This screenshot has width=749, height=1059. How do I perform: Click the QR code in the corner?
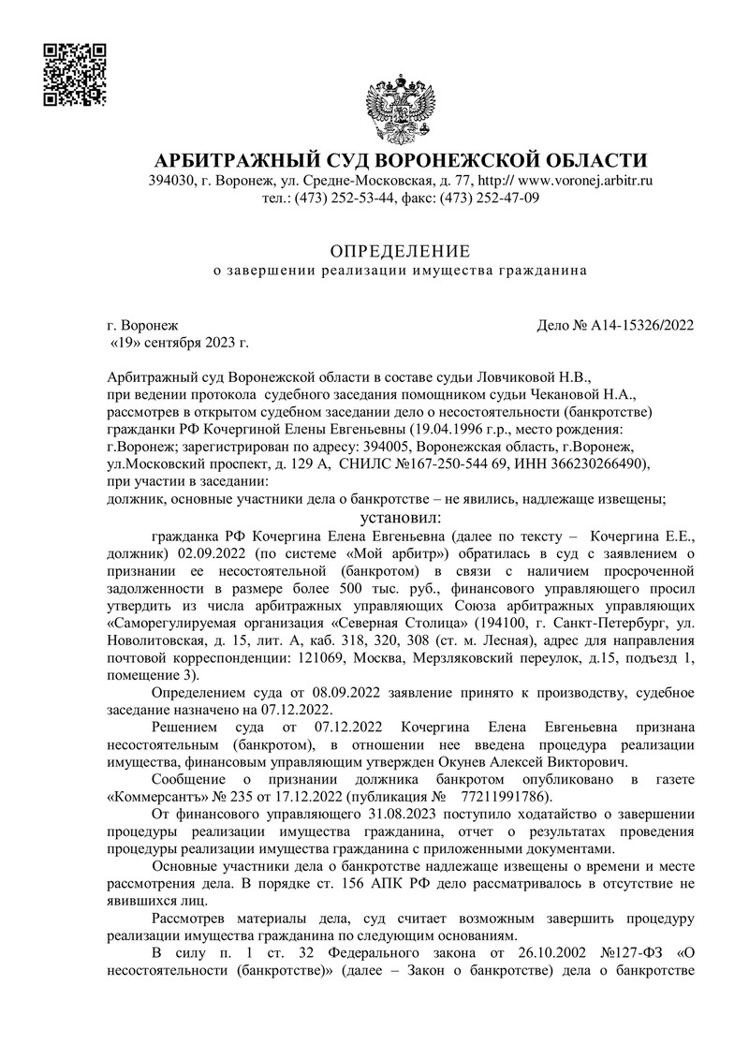pyautogui.click(x=75, y=74)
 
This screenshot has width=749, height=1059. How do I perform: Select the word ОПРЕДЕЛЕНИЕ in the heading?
pyautogui.click(x=400, y=250)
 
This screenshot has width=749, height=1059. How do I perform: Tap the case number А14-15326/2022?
pyautogui.click(x=642, y=326)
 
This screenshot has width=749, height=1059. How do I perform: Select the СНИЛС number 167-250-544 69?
pyautogui.click(x=429, y=463)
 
